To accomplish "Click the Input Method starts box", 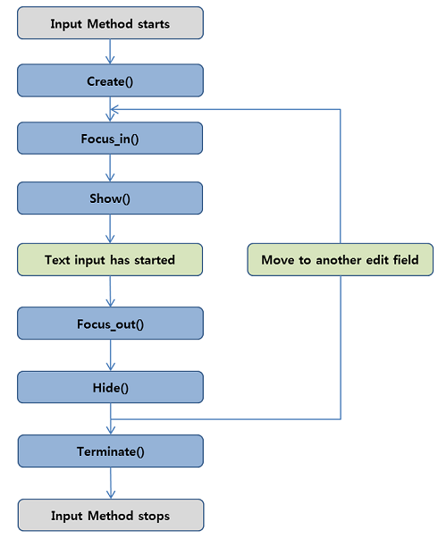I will pos(110,23).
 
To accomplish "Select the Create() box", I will pos(110,81).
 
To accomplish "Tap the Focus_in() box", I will pos(110,139).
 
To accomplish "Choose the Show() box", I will pos(110,198).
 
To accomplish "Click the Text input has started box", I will pos(110,260).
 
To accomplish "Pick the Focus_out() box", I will pos(110,323).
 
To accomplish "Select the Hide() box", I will pos(110,388).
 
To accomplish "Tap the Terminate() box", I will pos(110,451).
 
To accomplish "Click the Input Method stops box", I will pos(110,516).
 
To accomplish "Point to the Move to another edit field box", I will pos(340,260).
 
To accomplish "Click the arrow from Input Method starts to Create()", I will pos(110,53).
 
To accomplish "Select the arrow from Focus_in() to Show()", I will pos(110,169).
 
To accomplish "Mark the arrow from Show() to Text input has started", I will pos(110,228).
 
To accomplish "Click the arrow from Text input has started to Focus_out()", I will pos(110,291).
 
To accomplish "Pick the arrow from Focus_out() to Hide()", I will pos(110,355).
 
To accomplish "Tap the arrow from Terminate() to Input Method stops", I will pos(110,484).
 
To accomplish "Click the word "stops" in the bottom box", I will pos(151,516).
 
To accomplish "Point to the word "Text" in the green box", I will pos(59,260).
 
